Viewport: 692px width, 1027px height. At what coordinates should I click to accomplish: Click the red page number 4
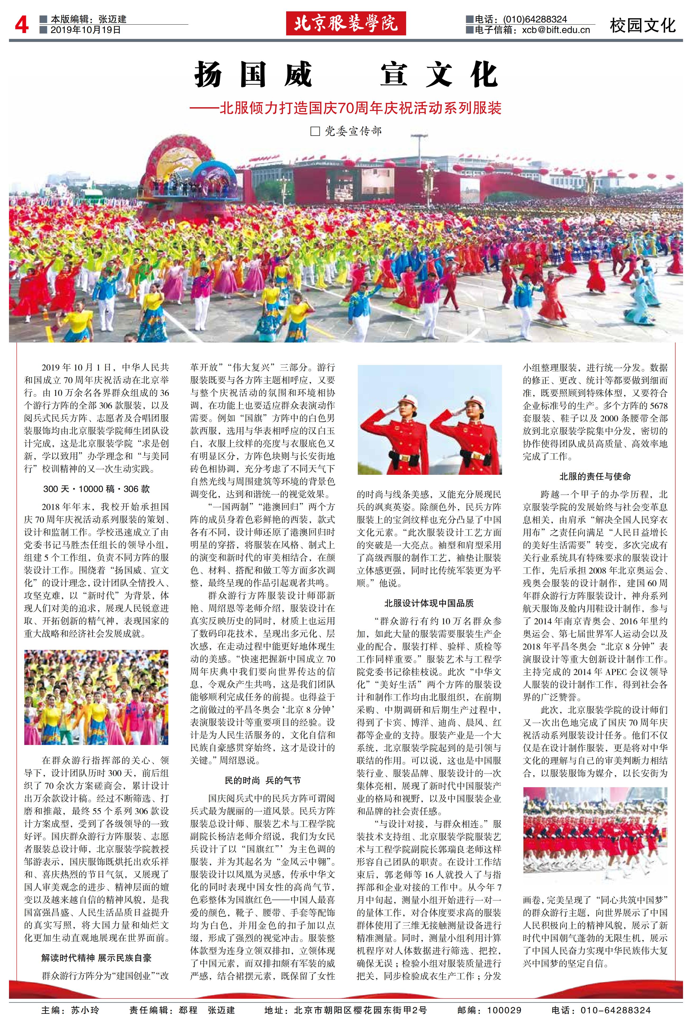pos(21,25)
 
